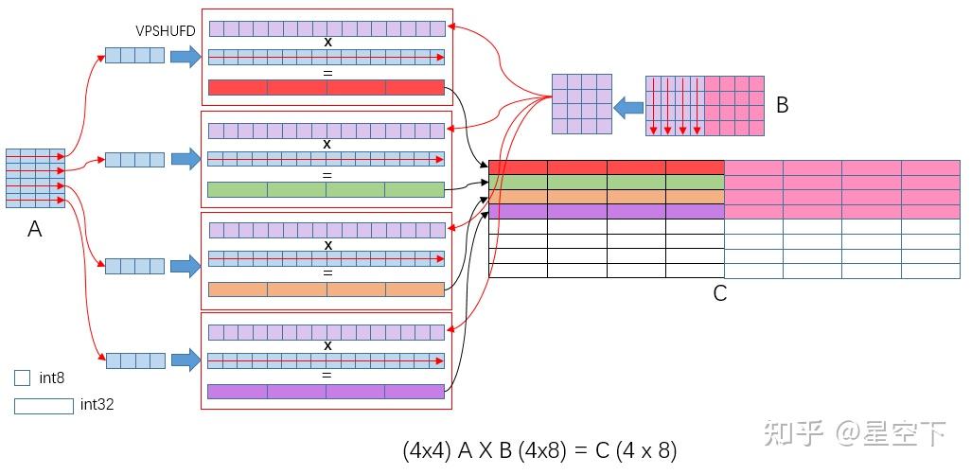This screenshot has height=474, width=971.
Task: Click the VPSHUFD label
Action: click(x=166, y=31)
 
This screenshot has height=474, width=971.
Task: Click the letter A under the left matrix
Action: click(x=35, y=228)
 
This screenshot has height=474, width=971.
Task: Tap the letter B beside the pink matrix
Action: click(x=782, y=106)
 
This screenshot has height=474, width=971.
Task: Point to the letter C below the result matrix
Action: click(x=719, y=293)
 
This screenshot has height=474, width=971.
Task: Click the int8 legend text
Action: click(x=52, y=378)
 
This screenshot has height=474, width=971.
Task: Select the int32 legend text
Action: click(x=97, y=405)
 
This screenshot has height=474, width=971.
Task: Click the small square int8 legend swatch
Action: click(x=23, y=378)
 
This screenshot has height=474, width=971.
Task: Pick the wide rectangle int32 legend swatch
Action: click(x=44, y=406)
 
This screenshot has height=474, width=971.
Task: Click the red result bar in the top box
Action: click(x=326, y=88)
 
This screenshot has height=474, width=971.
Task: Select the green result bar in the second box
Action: click(x=326, y=189)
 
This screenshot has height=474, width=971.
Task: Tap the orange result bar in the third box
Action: click(x=326, y=290)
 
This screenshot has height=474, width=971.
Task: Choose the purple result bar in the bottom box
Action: click(x=326, y=391)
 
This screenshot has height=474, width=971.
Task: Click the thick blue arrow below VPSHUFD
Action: click(x=185, y=57)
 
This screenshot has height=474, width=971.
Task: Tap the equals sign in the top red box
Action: click(x=327, y=72)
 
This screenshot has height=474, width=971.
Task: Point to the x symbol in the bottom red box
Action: click(x=327, y=345)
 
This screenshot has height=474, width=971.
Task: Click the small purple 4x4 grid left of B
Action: click(x=582, y=104)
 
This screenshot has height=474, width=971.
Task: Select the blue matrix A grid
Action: click(x=35, y=178)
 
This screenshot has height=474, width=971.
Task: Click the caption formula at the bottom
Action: click(x=539, y=451)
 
